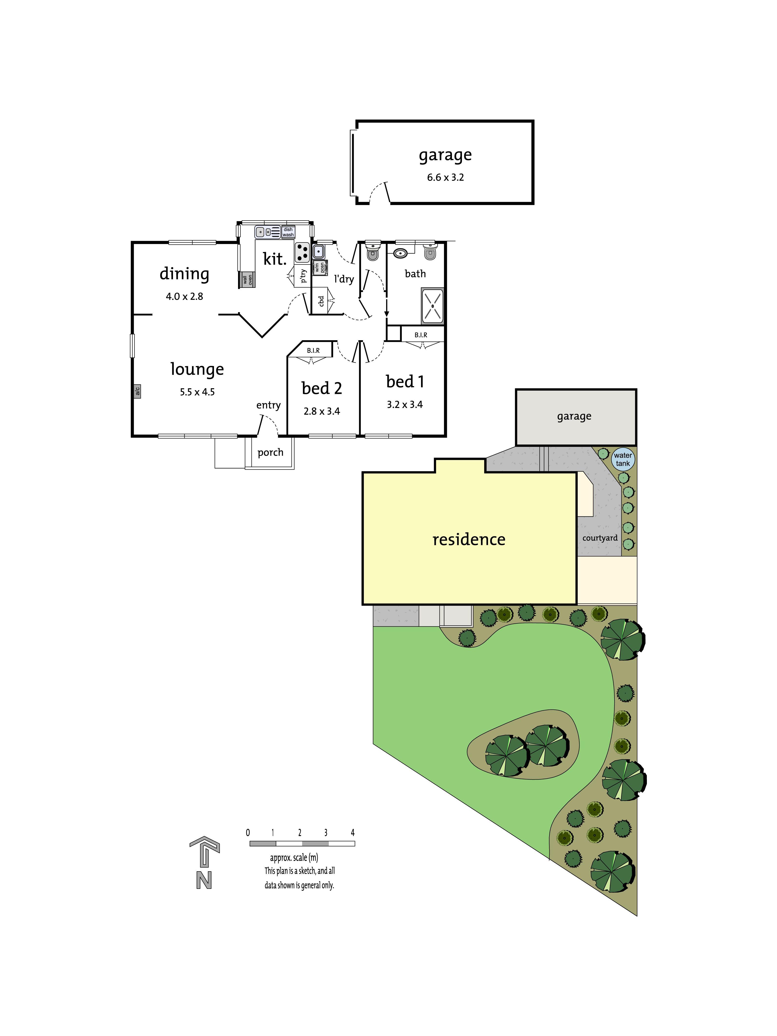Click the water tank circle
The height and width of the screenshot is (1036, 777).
(623, 459)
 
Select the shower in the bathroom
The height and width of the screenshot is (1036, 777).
(432, 306)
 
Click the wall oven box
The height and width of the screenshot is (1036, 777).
(247, 280)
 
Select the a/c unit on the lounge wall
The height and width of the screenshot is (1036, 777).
(137, 391)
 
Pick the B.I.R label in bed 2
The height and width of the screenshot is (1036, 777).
(313, 350)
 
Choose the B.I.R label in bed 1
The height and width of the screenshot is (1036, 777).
(421, 335)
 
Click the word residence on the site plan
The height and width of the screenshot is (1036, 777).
(469, 540)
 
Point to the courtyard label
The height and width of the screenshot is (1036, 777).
(600, 538)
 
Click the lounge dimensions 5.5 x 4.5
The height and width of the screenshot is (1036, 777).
(197, 392)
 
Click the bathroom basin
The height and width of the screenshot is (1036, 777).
(400, 253)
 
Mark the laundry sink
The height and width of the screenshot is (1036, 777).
(318, 252)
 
